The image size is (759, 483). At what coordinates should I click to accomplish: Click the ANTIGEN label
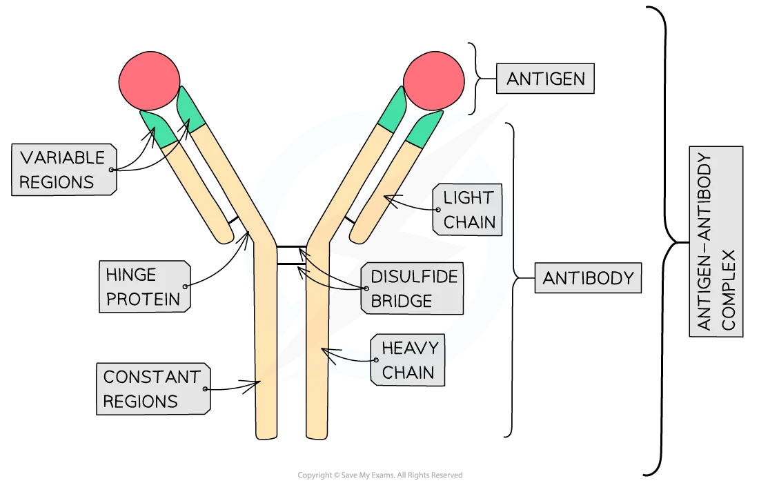click(x=545, y=79)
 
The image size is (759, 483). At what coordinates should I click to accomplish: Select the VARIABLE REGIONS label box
click(x=63, y=170)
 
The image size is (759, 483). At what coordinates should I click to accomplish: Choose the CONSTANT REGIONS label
click(x=152, y=389)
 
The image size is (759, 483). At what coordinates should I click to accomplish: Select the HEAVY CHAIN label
click(x=408, y=360)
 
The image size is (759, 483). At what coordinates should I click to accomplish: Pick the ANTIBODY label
click(x=588, y=279)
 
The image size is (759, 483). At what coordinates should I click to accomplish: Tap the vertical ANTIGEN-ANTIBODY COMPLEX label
click(x=716, y=241)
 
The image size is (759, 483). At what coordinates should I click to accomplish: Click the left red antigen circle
click(x=149, y=81)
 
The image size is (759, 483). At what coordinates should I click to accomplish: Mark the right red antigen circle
click(x=433, y=81)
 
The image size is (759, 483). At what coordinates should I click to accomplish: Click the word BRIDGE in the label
click(x=401, y=301)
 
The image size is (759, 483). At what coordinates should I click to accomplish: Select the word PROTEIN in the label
click(x=143, y=299)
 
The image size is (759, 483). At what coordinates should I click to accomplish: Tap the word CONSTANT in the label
click(x=152, y=377)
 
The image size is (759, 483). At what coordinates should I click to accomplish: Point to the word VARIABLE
click(x=62, y=158)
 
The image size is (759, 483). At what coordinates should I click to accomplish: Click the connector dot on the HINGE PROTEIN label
click(x=186, y=286)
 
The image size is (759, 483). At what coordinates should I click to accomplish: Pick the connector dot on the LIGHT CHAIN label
click(x=437, y=210)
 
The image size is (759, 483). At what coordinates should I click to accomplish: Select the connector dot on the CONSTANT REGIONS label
click(x=206, y=389)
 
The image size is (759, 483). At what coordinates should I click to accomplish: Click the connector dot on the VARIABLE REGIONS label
click(x=112, y=170)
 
